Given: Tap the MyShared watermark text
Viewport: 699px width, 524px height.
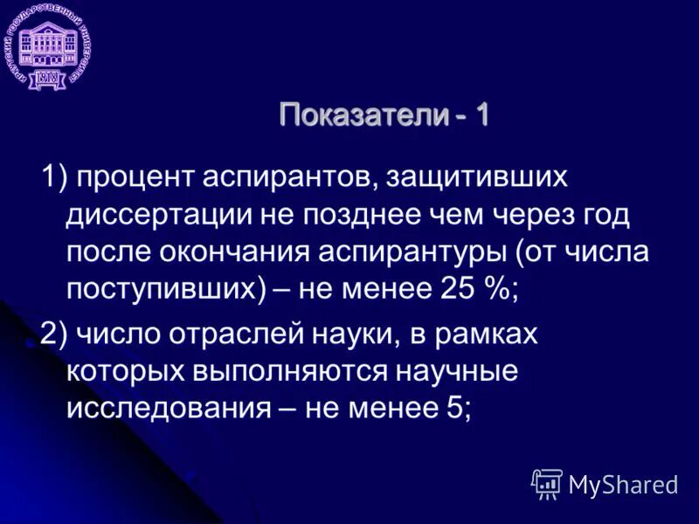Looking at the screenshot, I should tap(622, 484).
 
